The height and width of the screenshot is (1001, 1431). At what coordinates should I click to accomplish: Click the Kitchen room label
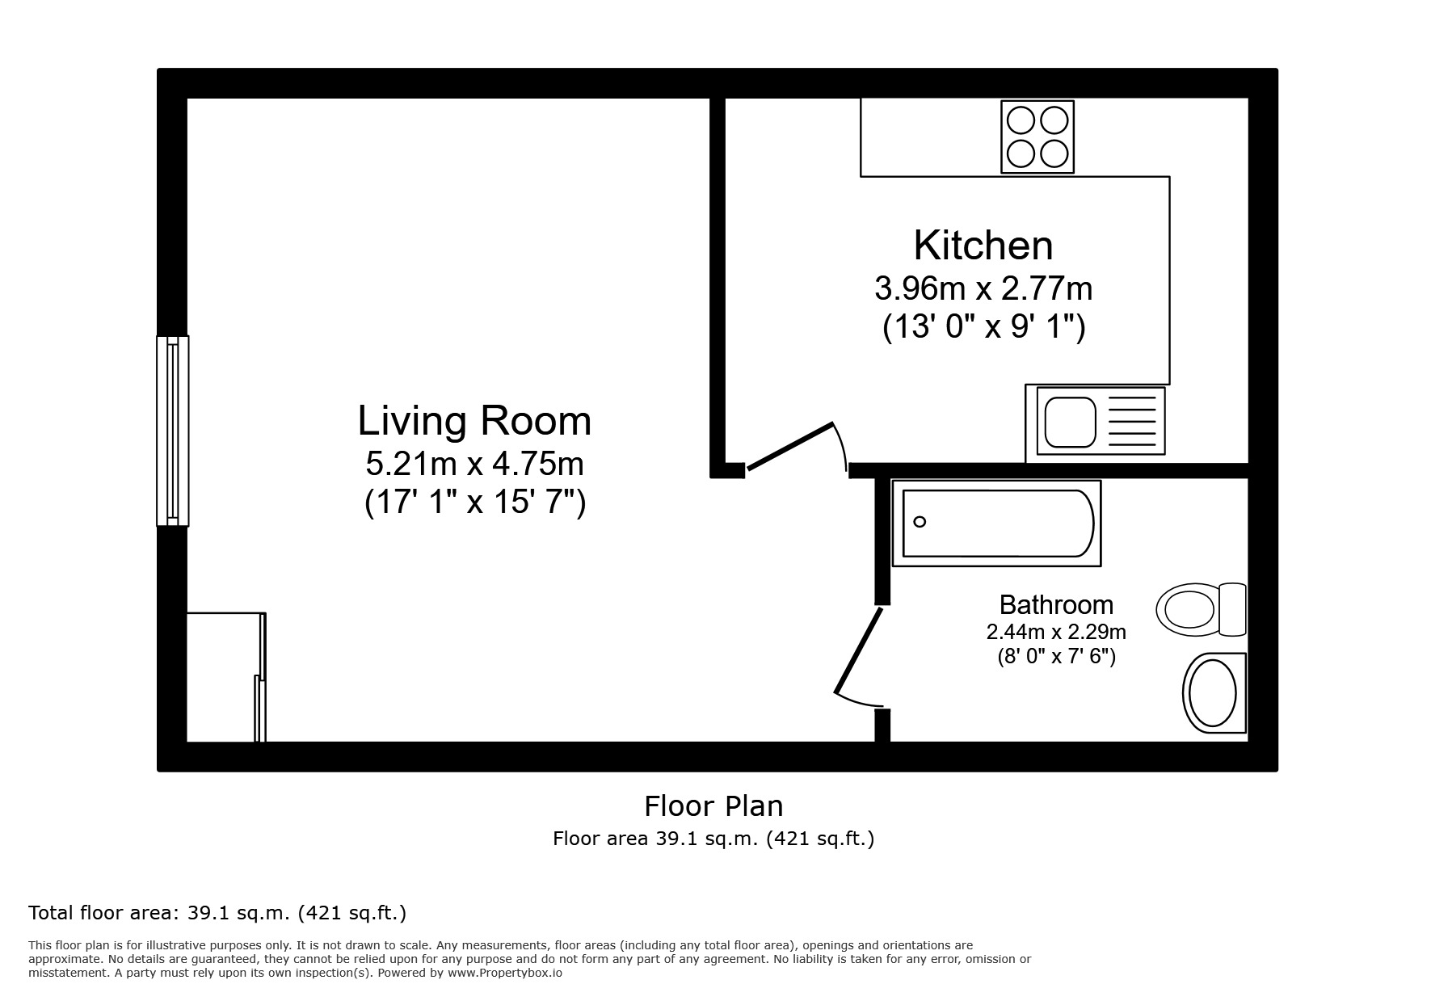(983, 246)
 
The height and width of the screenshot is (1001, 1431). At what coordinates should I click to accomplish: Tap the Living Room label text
(474, 421)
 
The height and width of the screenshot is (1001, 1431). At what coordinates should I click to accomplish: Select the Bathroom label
(1055, 604)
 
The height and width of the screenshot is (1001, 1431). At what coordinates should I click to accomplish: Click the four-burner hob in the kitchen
(1037, 137)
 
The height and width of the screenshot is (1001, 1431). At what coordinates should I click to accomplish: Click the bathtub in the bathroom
(996, 523)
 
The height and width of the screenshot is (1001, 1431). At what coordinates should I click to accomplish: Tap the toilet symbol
(1199, 609)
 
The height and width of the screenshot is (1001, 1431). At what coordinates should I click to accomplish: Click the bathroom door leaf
(859, 651)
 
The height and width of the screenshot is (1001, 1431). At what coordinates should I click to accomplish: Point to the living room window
(172, 431)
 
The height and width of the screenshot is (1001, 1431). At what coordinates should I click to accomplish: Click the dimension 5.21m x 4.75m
(474, 464)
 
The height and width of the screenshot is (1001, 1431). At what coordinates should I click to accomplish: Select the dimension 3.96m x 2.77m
(983, 288)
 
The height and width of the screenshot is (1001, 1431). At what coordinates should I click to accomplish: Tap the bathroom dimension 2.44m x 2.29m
(1055, 632)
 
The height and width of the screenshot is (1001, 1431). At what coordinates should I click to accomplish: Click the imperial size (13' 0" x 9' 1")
(983, 327)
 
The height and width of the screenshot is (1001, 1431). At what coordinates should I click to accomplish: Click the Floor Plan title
(713, 805)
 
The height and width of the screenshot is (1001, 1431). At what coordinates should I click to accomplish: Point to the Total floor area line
(217, 913)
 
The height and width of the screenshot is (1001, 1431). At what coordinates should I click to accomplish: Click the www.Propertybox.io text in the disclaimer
(504, 974)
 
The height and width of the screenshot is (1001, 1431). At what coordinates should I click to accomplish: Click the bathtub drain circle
(920, 522)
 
